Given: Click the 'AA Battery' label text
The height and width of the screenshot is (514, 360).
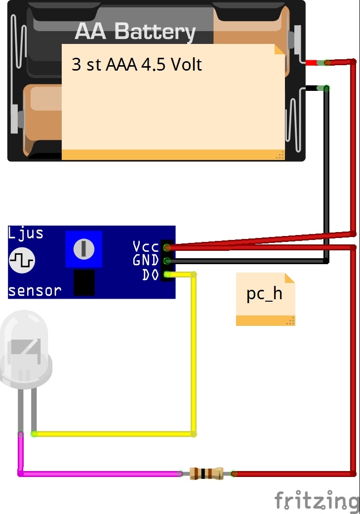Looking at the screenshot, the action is click(135, 32).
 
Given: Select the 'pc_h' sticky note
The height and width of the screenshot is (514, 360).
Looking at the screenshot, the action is click(265, 299).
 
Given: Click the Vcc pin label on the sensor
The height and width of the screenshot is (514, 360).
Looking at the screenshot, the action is click(146, 246).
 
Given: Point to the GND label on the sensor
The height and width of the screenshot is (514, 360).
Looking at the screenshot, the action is click(146, 261).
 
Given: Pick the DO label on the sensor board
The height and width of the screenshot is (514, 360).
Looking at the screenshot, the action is click(151, 275).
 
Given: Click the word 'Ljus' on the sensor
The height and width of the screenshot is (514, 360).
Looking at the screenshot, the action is click(26, 234).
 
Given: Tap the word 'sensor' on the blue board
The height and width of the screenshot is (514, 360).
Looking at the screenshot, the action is click(35, 291).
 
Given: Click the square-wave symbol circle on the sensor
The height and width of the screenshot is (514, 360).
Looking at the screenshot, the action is click(22, 261).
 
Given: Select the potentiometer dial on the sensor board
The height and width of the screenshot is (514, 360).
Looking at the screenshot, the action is click(83, 249).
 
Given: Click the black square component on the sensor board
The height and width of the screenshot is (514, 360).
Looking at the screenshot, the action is click(84, 282).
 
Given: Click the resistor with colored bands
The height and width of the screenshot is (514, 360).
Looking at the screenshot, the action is click(206, 474).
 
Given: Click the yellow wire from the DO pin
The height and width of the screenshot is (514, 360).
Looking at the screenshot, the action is click(194, 354).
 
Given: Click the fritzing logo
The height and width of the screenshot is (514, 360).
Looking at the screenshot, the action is click(317, 501).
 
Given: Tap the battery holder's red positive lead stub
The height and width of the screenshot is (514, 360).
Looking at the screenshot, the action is click(311, 63).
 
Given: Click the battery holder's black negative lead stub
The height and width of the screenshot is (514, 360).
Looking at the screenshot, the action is click(311, 88).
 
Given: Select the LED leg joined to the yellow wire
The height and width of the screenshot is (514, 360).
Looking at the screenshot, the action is click(34, 411).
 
